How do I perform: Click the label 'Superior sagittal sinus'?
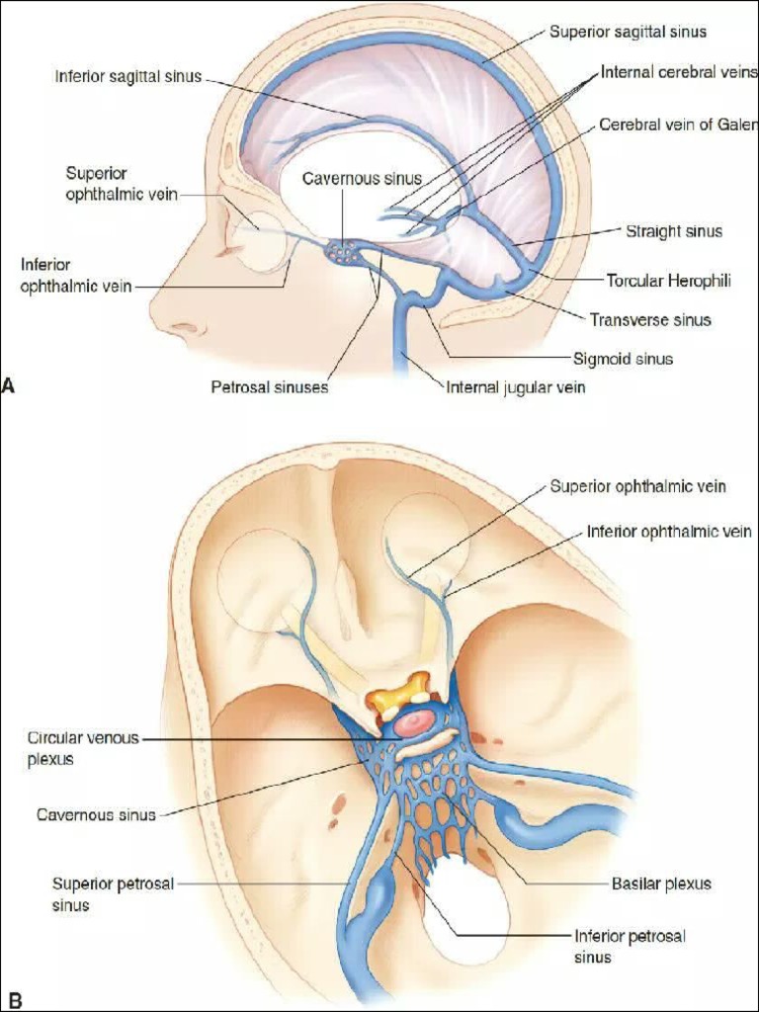(x=628, y=32)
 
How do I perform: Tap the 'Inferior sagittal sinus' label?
(x=127, y=76)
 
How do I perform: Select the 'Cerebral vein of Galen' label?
(x=678, y=124)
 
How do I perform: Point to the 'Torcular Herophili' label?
(x=669, y=281)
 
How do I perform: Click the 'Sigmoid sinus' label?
(x=623, y=358)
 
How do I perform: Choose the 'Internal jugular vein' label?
(x=516, y=386)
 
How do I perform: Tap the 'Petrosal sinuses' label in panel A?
(x=270, y=386)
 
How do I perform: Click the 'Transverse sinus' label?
(x=650, y=319)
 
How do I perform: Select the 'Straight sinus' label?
(x=674, y=231)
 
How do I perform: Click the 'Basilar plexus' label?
(x=661, y=884)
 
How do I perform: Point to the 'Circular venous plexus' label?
(x=83, y=748)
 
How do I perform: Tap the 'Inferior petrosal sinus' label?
(x=630, y=946)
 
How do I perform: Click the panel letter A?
(x=8, y=386)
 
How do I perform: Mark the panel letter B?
(x=14, y=1001)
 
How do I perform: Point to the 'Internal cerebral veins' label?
(x=678, y=72)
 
